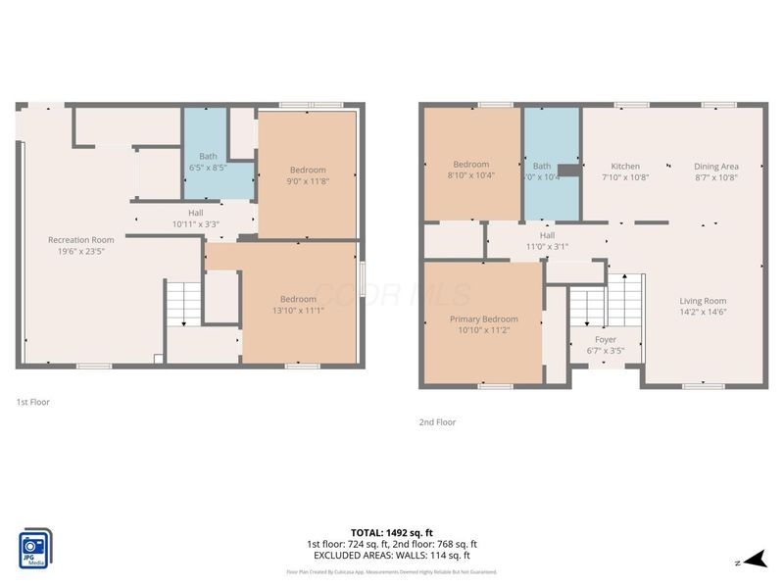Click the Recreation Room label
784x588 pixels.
(81, 239)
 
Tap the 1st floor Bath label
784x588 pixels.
(208, 156)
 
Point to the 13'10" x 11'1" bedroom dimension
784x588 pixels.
(298, 311)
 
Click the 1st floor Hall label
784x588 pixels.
(197, 213)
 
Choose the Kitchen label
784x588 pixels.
(625, 166)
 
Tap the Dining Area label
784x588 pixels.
(715, 166)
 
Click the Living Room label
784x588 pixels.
(704, 301)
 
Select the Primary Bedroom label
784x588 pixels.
(483, 318)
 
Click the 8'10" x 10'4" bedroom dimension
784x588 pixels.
(470, 175)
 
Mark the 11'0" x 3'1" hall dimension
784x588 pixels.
(547, 246)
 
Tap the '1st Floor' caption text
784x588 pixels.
(32, 402)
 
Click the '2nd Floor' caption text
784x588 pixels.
(436, 422)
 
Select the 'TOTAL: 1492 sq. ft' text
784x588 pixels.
(391, 533)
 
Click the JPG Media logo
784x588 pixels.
(35, 548)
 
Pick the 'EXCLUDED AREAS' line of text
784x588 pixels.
(391, 555)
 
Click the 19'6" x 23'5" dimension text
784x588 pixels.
(81, 251)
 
